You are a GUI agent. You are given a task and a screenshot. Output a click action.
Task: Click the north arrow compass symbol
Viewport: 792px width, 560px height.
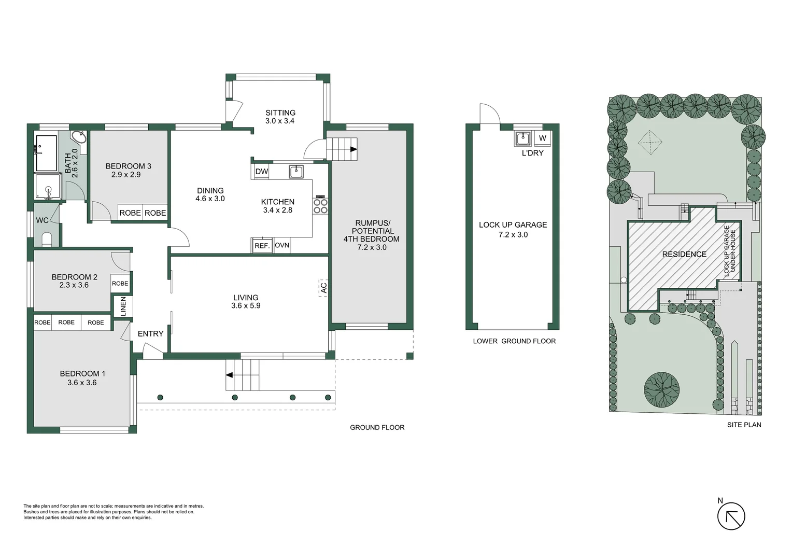click(x=731, y=516)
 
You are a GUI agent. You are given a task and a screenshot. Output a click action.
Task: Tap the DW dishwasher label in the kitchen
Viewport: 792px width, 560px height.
click(x=262, y=172)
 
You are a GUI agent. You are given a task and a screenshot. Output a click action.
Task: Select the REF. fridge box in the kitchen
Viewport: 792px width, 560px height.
click(x=262, y=246)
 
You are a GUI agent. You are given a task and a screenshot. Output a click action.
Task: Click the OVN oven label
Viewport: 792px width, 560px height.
click(x=282, y=245)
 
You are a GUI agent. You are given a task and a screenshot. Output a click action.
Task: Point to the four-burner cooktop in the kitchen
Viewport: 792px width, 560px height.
click(x=320, y=206)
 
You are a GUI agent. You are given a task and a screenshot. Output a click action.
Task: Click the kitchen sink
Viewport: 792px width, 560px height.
click(x=296, y=171)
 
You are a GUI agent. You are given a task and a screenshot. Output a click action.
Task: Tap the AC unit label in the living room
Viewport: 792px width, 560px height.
click(x=323, y=288)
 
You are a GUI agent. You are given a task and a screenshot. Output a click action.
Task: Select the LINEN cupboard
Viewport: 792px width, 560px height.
click(x=123, y=306)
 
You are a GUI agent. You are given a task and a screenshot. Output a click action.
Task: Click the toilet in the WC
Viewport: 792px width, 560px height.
click(x=47, y=239)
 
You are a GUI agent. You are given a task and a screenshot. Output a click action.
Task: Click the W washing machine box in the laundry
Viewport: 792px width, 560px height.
click(x=542, y=138)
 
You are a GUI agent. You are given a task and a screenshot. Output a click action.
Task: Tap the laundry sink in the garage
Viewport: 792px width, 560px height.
click(x=522, y=138)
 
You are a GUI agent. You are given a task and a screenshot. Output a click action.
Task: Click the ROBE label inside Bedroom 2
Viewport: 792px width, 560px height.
click(x=120, y=284)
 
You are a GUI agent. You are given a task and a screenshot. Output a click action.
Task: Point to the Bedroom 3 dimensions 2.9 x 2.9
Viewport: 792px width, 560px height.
click(x=126, y=175)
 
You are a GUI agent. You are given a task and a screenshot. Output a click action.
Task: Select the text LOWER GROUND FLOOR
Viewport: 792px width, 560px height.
click(x=514, y=341)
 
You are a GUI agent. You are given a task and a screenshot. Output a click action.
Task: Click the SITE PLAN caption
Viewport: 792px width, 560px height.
click(x=744, y=425)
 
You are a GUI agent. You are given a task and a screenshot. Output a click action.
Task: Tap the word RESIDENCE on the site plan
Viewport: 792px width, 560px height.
click(x=684, y=254)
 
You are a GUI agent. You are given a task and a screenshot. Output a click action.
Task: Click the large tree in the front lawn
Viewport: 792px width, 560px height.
click(x=661, y=390)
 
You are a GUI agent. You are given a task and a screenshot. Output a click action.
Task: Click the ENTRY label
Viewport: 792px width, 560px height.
click(x=150, y=334)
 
